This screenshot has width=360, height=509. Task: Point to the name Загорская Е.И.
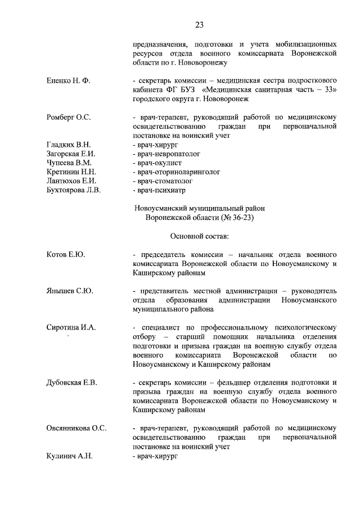(71, 154)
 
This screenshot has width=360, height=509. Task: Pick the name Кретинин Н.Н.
(71, 172)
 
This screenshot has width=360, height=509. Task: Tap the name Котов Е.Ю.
(65, 254)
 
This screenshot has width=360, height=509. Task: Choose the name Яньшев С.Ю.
(69, 291)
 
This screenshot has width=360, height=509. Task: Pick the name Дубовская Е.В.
(71, 382)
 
